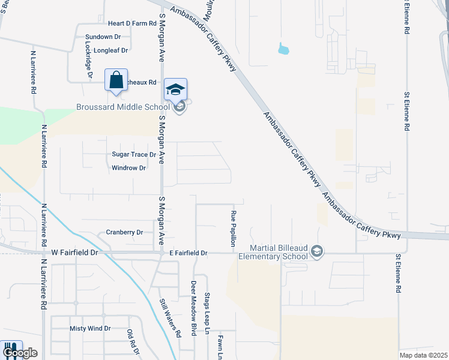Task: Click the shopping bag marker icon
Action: pyautogui.click(x=116, y=80)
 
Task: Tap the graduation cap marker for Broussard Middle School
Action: pyautogui.click(x=175, y=89)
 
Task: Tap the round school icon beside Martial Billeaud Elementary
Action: pyautogui.click(x=318, y=251)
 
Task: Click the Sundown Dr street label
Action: pyautogui.click(x=103, y=37)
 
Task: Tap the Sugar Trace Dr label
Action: pyautogui.click(x=134, y=154)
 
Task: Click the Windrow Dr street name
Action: pyautogui.click(x=129, y=168)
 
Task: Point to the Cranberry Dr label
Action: pyautogui.click(x=124, y=232)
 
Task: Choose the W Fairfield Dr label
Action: pyautogui.click(x=74, y=253)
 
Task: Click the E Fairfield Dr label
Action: pyautogui.click(x=188, y=253)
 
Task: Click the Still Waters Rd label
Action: pyautogui.click(x=170, y=319)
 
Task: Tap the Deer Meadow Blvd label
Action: pyautogui.click(x=194, y=308)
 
